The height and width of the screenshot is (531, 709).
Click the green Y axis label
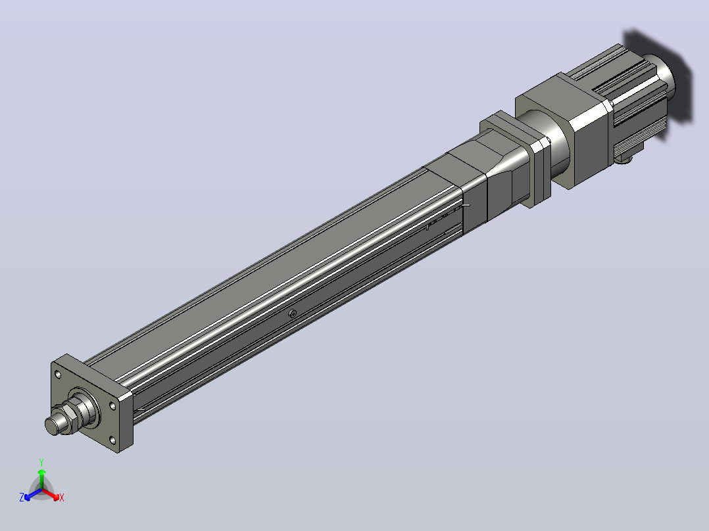[41, 462]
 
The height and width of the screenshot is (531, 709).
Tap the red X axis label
[62, 497]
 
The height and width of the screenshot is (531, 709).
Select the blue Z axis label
[22, 497]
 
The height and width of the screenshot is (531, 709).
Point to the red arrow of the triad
[51, 494]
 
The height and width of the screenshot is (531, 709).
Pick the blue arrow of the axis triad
[33, 494]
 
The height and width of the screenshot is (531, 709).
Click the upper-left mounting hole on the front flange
[58, 374]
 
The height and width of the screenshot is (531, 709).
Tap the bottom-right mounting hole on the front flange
[112, 440]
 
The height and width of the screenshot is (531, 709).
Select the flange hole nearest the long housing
[112, 406]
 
